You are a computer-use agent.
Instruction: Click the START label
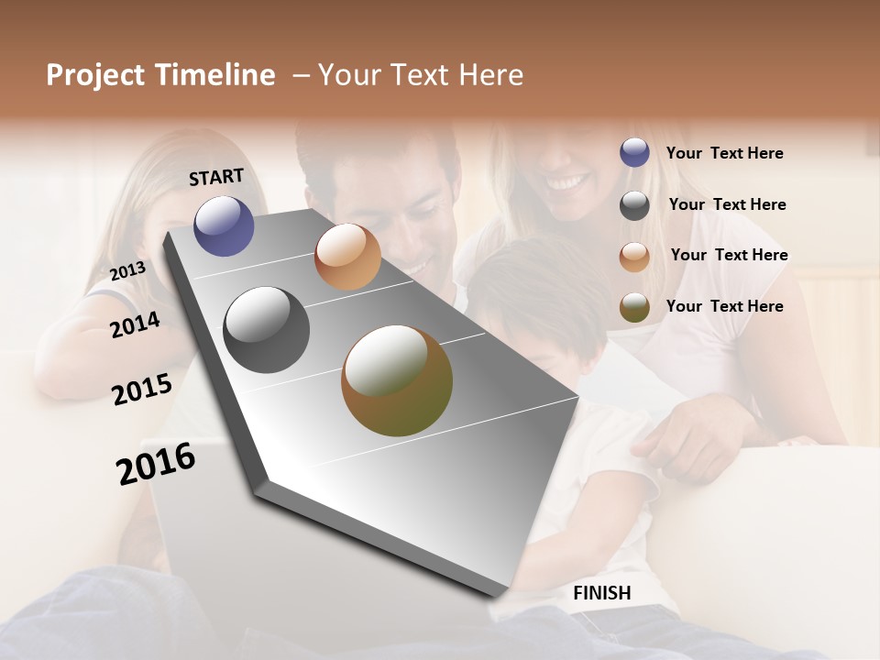click(216, 177)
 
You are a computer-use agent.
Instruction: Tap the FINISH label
click(601, 593)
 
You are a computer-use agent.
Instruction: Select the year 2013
click(127, 270)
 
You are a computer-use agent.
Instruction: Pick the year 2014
click(135, 324)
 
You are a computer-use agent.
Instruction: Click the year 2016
click(156, 463)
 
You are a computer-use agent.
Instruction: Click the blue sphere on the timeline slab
click(224, 225)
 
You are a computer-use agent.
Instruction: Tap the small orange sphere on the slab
click(347, 257)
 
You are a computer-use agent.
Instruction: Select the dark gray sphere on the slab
click(266, 330)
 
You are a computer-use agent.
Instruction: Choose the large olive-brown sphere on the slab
click(397, 380)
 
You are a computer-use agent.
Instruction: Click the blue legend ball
click(634, 153)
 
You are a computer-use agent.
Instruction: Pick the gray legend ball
click(634, 204)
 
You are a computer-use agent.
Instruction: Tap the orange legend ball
click(634, 256)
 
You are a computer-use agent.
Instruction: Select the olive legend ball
click(634, 306)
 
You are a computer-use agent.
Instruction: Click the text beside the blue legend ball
click(724, 153)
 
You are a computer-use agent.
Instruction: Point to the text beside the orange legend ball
click(729, 255)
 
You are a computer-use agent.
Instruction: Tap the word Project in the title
click(94, 75)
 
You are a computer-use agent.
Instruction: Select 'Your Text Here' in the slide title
click(421, 75)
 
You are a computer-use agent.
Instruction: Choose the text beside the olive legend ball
click(724, 306)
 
